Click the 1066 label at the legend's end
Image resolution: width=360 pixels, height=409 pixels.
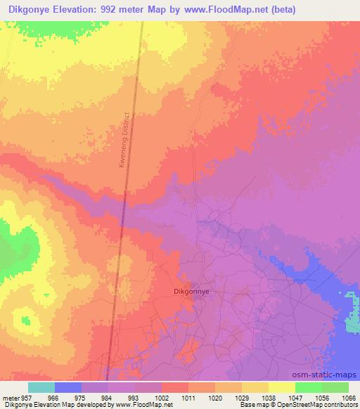[347, 398]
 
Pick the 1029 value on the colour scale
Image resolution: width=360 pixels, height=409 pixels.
[241, 398]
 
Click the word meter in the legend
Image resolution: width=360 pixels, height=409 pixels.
[11, 398]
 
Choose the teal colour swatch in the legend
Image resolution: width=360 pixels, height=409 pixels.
[41, 387]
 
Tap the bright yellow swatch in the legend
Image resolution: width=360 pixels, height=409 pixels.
[281, 387]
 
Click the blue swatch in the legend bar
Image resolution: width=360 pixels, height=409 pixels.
[67, 387]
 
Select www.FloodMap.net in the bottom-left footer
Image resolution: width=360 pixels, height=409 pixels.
[143, 405]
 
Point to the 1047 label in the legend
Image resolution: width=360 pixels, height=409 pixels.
[295, 398]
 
